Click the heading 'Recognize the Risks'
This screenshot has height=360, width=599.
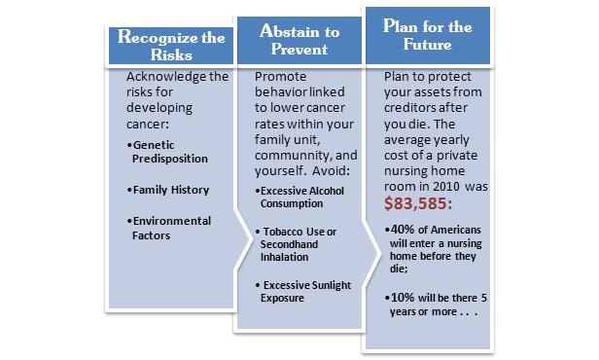171,46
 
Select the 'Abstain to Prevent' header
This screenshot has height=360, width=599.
299,40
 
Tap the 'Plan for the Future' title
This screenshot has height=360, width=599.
428,35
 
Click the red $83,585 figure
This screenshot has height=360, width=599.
418,203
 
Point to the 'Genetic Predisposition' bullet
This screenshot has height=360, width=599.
167,152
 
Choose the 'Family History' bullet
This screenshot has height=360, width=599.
168,190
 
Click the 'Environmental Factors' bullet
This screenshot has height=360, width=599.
169,228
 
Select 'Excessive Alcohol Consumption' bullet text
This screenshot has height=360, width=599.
299,198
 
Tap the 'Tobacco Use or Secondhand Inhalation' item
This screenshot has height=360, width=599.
296,244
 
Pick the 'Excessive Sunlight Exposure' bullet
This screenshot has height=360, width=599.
303,292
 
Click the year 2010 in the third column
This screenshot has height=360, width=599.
446,187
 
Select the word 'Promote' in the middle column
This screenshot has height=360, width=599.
280,77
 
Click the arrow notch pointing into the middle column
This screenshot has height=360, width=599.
244,239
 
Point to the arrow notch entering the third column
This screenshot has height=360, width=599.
372,253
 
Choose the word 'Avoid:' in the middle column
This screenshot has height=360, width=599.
331,170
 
